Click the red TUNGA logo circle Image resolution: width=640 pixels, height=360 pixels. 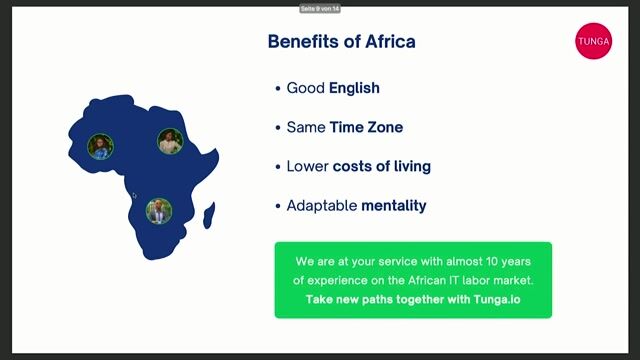click(x=593, y=41)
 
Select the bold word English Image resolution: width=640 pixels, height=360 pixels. click(x=354, y=88)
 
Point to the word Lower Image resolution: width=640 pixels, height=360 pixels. click(x=307, y=166)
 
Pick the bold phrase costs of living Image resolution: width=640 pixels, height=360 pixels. click(x=381, y=166)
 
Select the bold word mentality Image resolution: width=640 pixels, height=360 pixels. click(x=394, y=205)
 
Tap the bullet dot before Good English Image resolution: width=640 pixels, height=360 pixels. click(x=278, y=89)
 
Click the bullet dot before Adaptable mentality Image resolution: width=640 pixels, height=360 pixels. click(x=278, y=206)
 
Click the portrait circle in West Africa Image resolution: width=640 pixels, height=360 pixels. click(x=100, y=147)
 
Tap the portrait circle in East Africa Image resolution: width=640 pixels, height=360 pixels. click(x=170, y=141)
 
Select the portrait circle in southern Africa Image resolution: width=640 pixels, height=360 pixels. click(x=158, y=210)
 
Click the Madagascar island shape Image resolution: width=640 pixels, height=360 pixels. click(x=209, y=213)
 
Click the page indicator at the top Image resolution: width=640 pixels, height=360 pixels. click(x=320, y=8)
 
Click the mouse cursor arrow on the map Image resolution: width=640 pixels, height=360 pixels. click(x=134, y=196)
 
